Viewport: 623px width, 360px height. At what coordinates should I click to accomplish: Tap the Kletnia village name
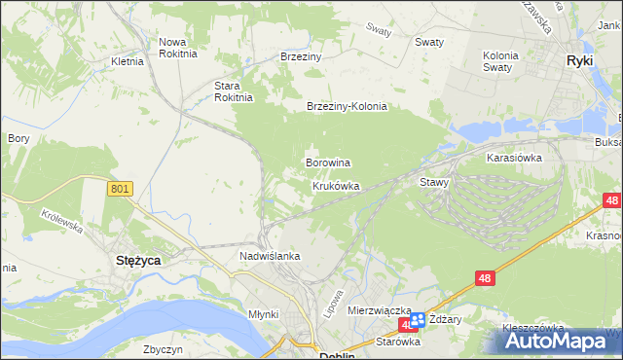click(x=128, y=60)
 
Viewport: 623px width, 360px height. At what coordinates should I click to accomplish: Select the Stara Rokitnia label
click(x=234, y=90)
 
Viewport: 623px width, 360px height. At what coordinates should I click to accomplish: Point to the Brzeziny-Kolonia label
click(x=348, y=107)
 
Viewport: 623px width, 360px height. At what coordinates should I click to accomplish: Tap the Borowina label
click(x=328, y=162)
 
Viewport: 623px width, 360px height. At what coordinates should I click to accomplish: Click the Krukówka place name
click(x=336, y=185)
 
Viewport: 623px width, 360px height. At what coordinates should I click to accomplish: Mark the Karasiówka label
click(x=514, y=157)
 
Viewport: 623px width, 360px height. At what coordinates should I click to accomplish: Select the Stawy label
click(x=433, y=182)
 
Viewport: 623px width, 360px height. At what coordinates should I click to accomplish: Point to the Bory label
click(x=18, y=138)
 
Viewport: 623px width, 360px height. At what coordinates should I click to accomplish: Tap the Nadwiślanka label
click(x=270, y=256)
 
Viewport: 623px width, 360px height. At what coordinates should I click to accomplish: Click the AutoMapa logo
click(x=562, y=341)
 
